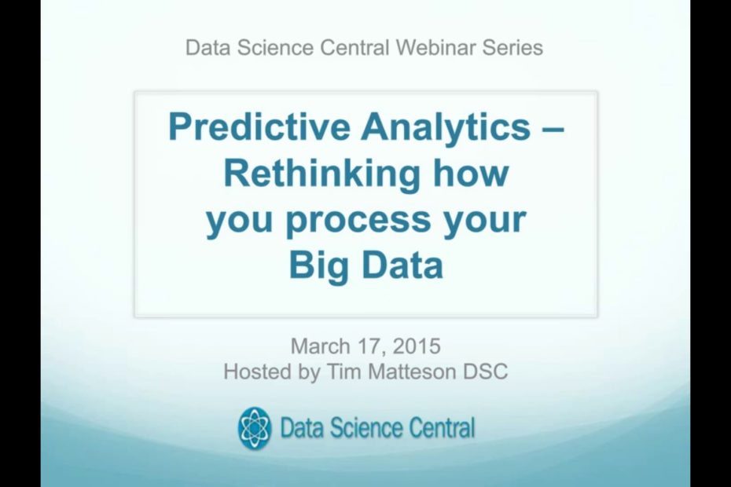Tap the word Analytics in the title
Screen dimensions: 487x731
click(x=445, y=128)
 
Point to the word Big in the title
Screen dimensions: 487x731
click(x=317, y=265)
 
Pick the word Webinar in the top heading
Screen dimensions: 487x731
click(x=435, y=48)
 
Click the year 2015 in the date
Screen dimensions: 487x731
click(x=417, y=346)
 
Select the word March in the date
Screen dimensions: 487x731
click(x=318, y=346)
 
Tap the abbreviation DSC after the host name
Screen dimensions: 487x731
click(x=487, y=372)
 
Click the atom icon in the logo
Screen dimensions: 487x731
click(x=255, y=428)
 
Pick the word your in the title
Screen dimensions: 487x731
click(x=484, y=221)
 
